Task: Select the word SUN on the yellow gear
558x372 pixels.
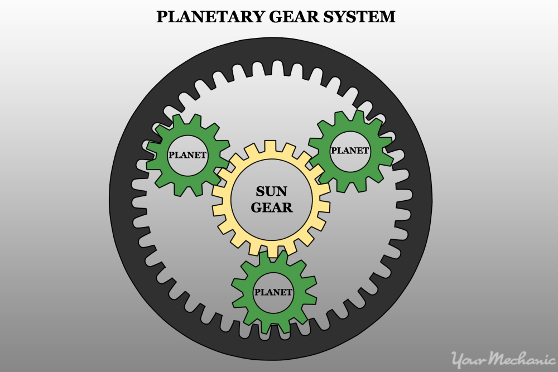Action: tap(271, 192)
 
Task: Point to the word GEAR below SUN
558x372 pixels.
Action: tap(272, 207)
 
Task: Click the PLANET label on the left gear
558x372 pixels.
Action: tap(187, 155)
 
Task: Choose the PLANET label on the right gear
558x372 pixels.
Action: tap(350, 151)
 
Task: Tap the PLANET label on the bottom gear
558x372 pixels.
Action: tap(273, 292)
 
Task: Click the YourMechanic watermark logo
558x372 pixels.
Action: tap(503, 359)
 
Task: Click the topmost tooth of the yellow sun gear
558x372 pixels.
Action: tap(271, 145)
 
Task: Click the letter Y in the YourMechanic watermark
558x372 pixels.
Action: tap(458, 359)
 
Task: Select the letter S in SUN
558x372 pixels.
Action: tap(260, 192)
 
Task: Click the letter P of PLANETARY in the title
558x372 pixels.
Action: tap(161, 17)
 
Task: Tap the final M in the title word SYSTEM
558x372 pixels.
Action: tap(388, 17)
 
